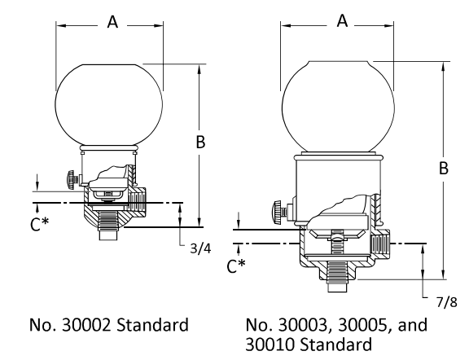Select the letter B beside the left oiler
point(199,142)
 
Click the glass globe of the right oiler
point(339,106)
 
